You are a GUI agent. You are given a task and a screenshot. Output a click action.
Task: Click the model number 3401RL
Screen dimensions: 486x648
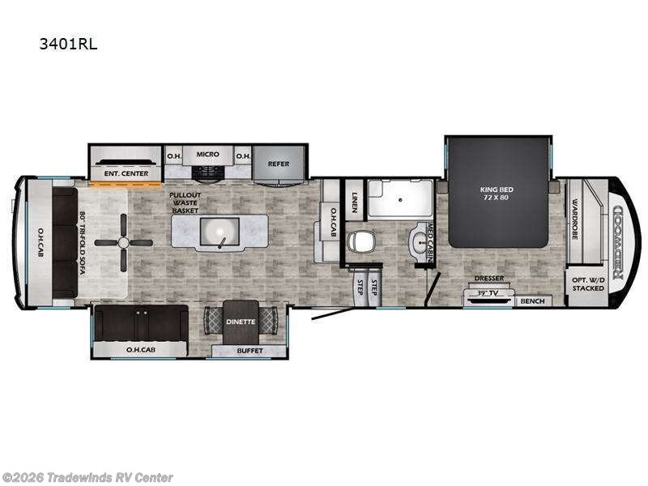(x=68, y=45)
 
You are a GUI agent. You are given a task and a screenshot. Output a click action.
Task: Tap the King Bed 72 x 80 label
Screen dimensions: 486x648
(x=497, y=194)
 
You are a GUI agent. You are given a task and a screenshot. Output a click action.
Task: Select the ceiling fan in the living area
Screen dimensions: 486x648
(x=123, y=242)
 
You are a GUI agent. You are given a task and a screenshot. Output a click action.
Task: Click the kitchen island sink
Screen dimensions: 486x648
(x=219, y=234)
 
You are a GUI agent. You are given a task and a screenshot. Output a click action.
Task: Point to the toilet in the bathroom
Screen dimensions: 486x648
(x=361, y=241)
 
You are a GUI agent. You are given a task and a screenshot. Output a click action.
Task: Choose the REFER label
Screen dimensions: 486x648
(x=279, y=164)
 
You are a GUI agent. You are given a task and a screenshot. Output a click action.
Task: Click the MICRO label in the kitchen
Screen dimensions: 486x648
(x=207, y=153)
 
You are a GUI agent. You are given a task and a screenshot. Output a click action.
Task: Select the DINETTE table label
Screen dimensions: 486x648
(x=241, y=322)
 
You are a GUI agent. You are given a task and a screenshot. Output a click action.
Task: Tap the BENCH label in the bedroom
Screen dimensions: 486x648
(x=531, y=301)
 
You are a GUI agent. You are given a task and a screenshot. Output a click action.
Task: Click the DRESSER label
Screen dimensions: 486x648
(x=489, y=278)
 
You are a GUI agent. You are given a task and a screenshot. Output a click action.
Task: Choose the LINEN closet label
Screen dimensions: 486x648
(x=354, y=199)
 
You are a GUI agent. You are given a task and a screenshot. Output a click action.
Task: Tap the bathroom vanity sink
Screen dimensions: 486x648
(x=420, y=241)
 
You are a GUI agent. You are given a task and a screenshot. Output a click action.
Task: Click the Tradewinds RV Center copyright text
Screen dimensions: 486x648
(x=87, y=477)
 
